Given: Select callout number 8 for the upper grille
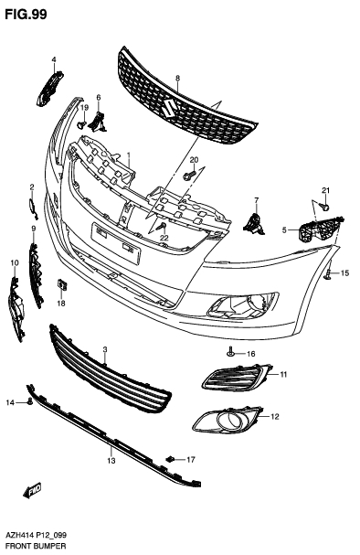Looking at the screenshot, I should pos(177,79).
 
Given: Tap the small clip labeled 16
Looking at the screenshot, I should pos(232,352).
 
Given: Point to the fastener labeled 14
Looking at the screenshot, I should pos(30,401).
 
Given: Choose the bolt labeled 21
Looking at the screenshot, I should pos(324,205).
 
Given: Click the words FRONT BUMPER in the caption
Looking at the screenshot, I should pos(34,547).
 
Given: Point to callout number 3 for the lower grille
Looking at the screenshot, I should pos(105,350).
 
